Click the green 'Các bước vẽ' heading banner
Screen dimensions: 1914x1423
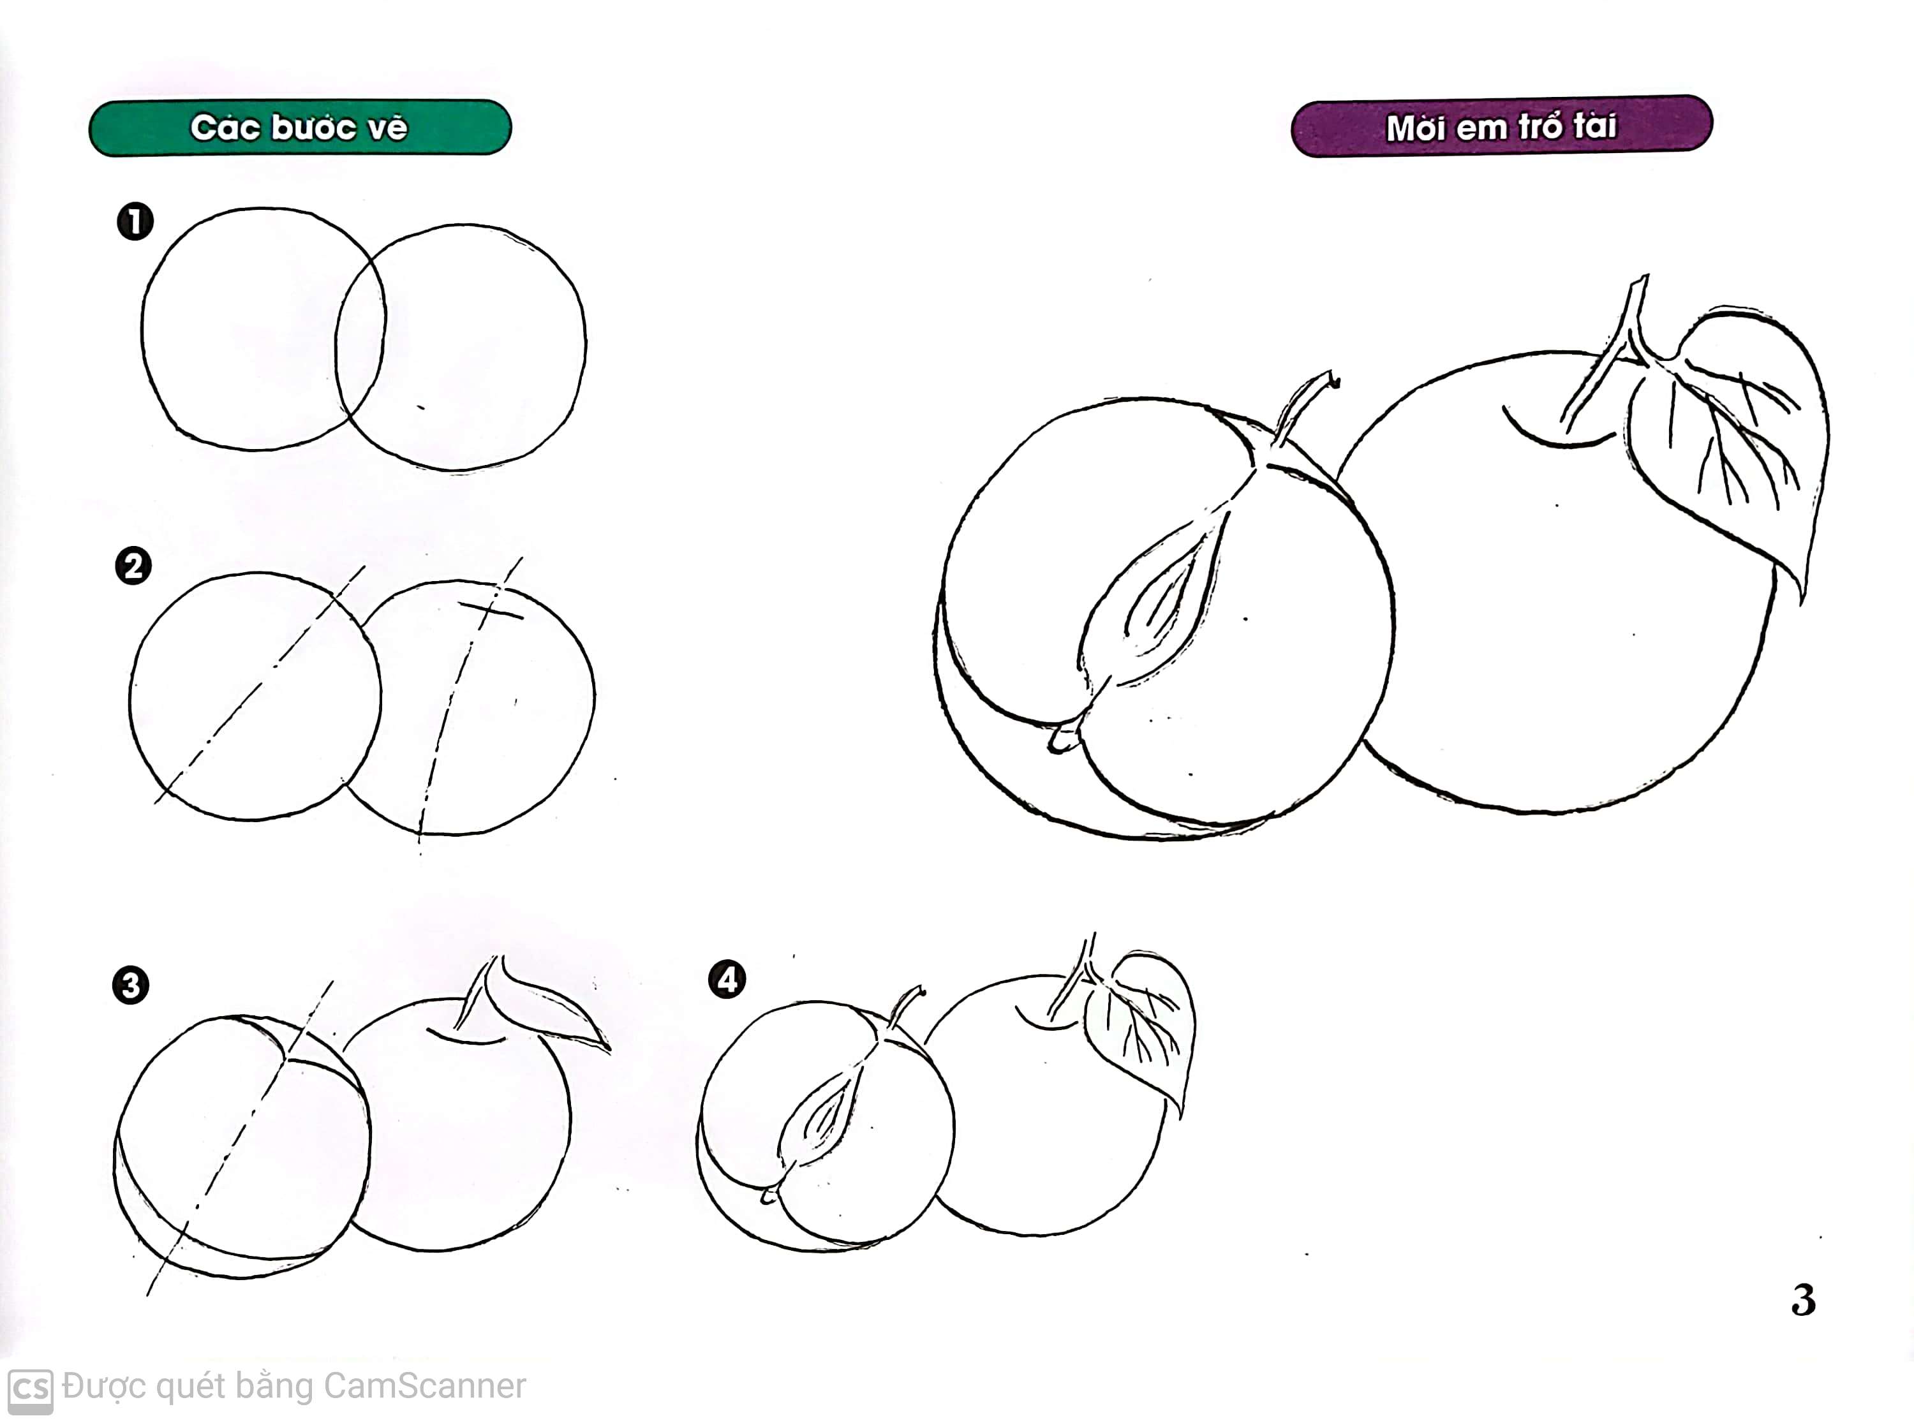point(300,128)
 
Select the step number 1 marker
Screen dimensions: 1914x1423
point(135,221)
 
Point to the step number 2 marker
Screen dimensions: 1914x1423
point(133,567)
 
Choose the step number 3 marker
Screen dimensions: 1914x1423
point(131,985)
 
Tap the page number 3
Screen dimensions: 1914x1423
point(1803,1301)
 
